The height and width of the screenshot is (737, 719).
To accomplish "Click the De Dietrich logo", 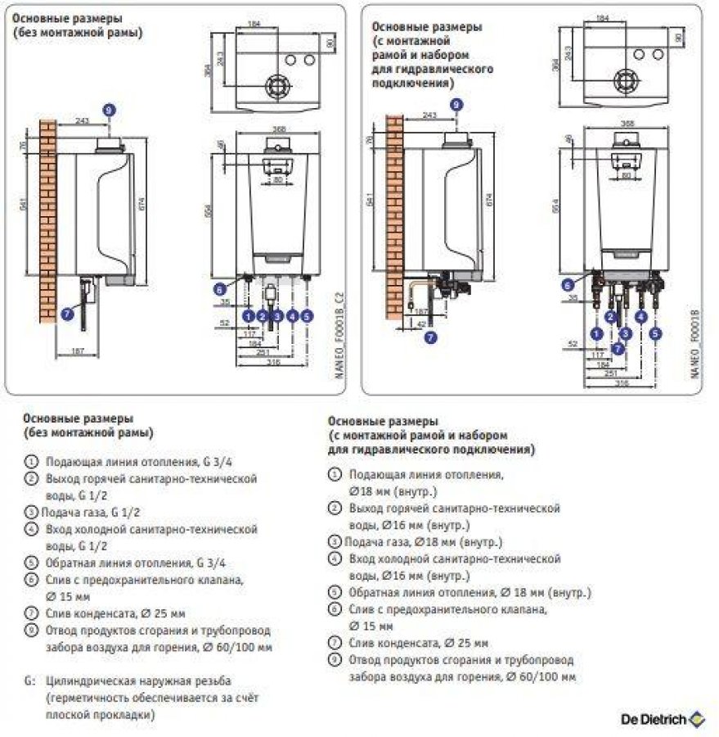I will (662, 717).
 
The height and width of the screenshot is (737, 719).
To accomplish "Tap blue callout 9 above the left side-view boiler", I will (110, 109).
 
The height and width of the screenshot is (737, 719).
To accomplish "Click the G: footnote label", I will (30, 680).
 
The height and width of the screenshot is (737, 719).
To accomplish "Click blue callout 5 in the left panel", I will (307, 314).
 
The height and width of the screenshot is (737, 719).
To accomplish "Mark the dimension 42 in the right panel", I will (420, 323).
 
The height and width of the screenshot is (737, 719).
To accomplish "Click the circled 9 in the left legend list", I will (31, 631).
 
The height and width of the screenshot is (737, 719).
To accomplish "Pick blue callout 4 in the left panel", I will (292, 314).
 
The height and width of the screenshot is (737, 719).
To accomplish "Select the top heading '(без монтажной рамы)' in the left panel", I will (77, 33).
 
